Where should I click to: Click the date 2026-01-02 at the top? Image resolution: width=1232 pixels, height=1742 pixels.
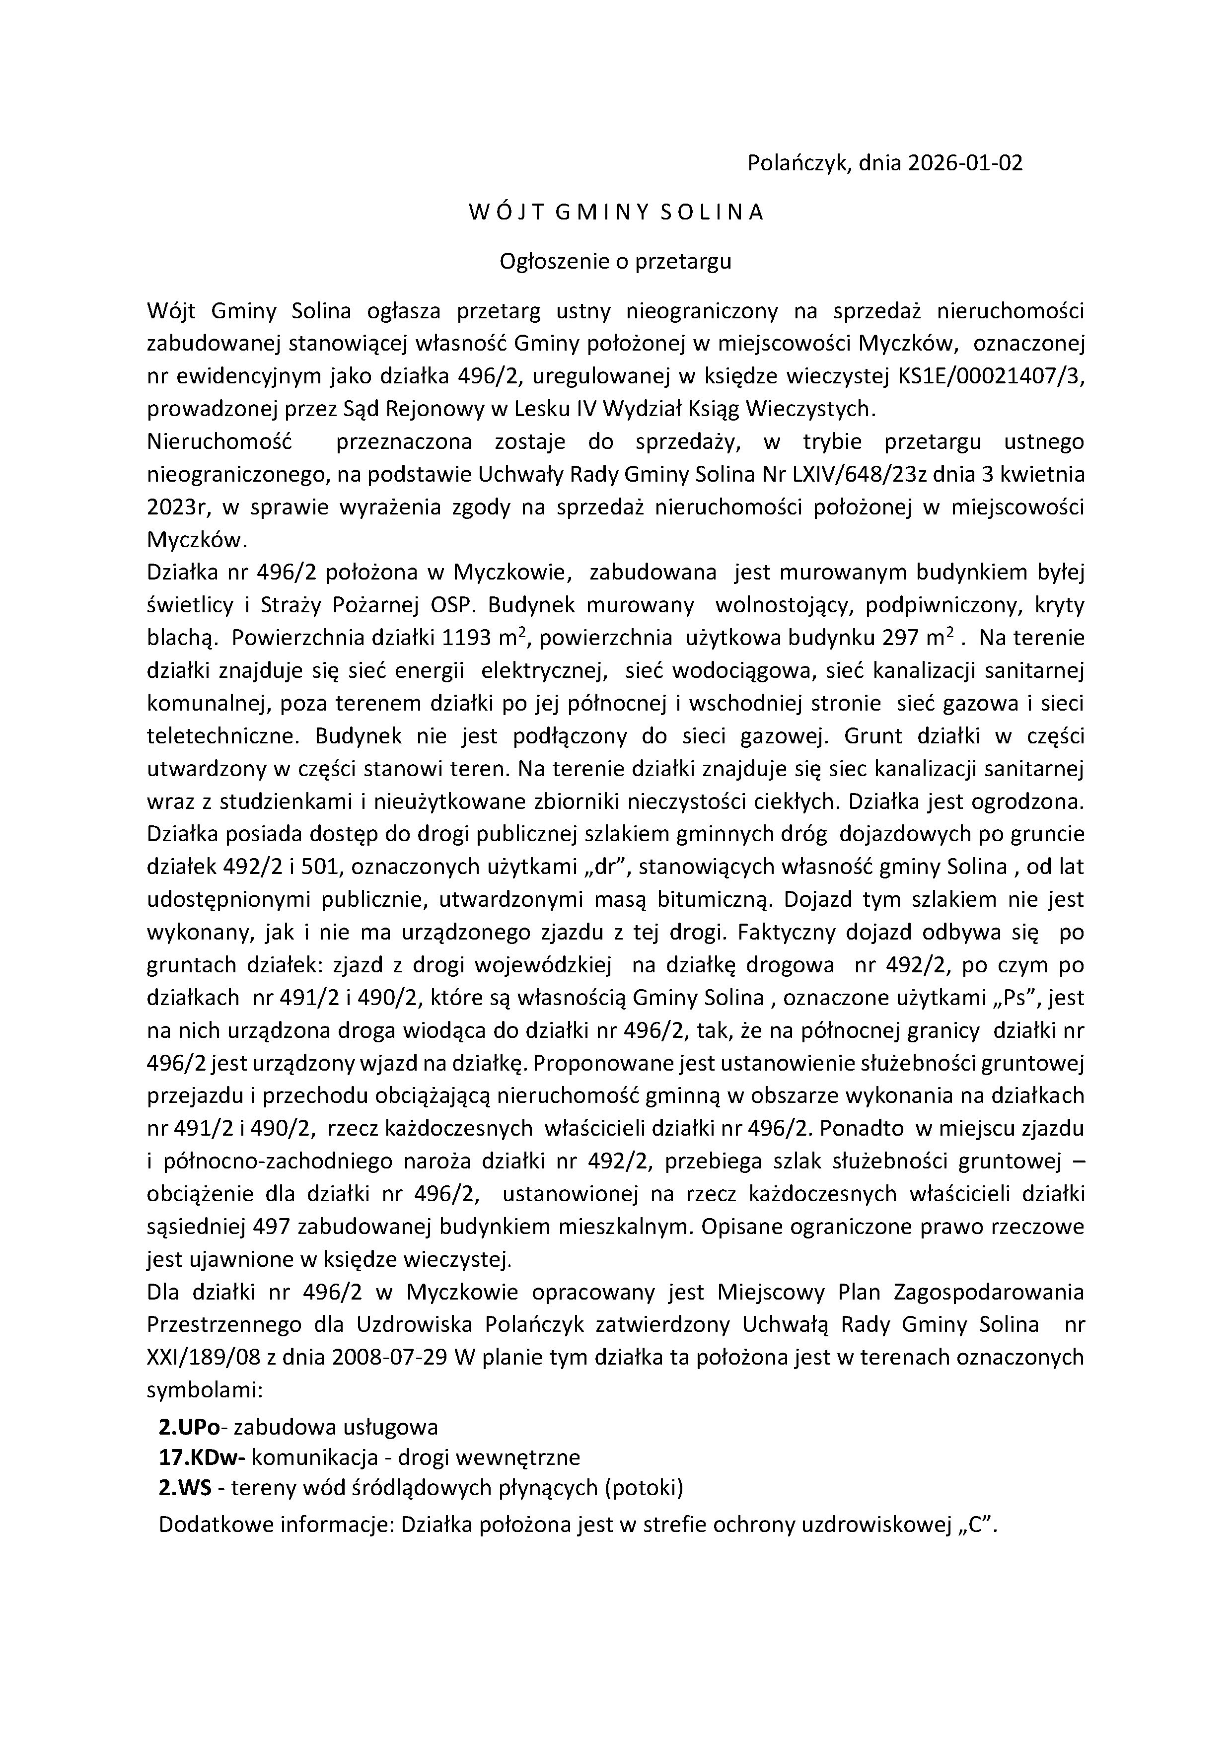(x=965, y=163)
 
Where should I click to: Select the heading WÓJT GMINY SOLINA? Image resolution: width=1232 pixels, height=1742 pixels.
(x=615, y=213)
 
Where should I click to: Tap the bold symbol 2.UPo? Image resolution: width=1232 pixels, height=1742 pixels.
(x=189, y=1428)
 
